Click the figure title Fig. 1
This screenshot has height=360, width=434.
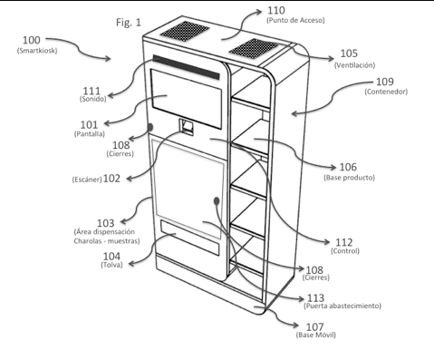pos(129,23)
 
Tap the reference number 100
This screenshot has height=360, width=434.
pos(32,40)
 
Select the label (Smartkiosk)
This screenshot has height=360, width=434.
pos(37,51)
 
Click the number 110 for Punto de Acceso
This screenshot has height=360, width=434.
pos(276,11)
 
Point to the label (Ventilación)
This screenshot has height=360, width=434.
pos(354,65)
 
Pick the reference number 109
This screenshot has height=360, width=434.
pos(385,82)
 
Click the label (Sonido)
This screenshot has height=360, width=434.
pos(93,99)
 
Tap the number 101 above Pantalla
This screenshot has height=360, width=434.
pos(89,125)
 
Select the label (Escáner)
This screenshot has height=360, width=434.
pos(87,180)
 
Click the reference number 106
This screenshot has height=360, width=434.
pos(348,167)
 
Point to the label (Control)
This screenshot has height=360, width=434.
pos(345,251)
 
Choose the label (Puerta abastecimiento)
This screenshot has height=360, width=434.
pos(342,306)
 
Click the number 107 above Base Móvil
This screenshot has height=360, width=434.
pos(315,326)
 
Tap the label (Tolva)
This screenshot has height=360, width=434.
pos(111,265)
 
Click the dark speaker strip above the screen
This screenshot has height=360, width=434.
pos(187,67)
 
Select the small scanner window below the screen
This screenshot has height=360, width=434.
pos(187,126)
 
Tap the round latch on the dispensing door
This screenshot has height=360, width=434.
pos(217,200)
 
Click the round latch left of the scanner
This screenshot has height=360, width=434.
pos(150,127)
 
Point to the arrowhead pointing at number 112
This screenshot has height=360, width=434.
pos(326,242)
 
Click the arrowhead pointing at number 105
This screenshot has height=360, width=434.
pos(331,58)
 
